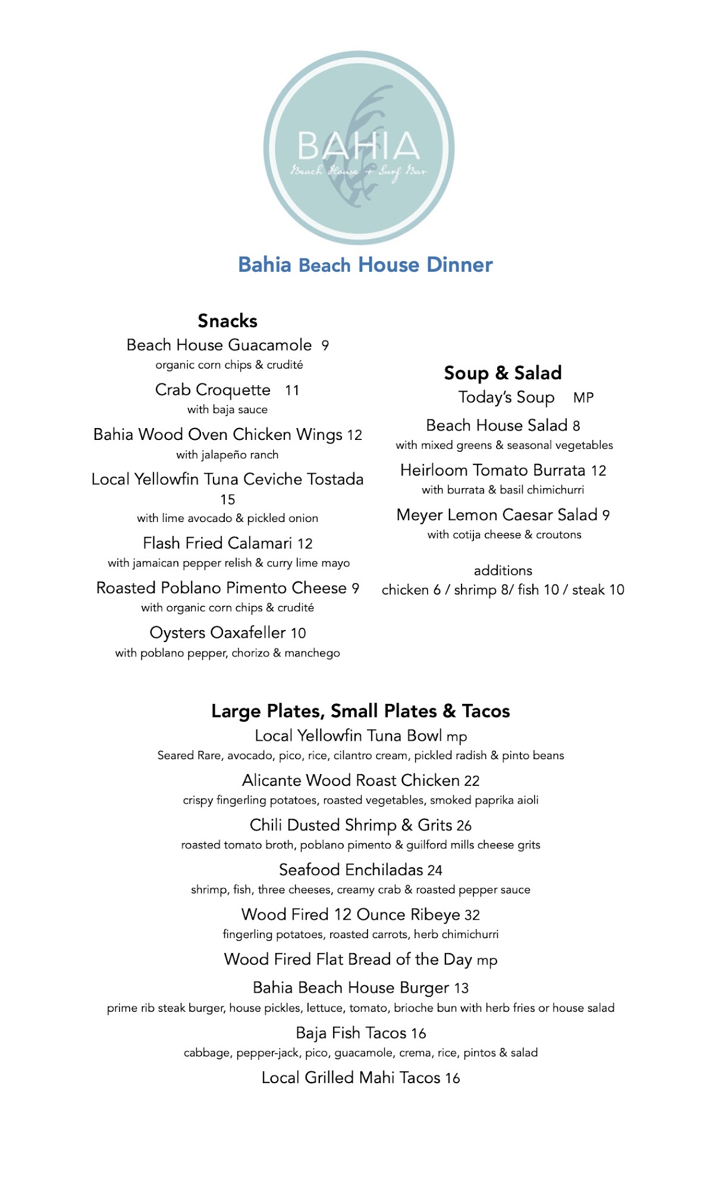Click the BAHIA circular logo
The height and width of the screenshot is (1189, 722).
[x=359, y=147]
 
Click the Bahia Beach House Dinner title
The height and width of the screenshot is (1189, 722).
[x=365, y=265]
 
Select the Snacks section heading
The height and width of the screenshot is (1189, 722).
[x=227, y=321]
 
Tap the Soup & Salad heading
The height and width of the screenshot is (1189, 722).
[x=503, y=373]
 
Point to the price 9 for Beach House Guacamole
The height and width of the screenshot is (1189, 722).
[x=325, y=345]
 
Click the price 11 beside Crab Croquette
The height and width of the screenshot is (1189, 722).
[x=292, y=391]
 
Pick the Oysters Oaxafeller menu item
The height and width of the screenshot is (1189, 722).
[x=219, y=633]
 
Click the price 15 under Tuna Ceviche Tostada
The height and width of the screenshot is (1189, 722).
[x=228, y=499]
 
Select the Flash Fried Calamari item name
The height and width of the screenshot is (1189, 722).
[x=218, y=543]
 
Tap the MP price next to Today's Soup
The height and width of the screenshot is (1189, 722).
[x=583, y=398]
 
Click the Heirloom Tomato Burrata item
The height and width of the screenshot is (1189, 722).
[x=493, y=470]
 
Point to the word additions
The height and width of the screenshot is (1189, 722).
[x=503, y=571]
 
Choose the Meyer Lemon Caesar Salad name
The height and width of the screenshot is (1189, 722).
[x=497, y=515]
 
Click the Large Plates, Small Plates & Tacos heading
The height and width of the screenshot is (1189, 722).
[x=360, y=711]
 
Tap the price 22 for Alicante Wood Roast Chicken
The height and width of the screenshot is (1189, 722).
[x=472, y=781]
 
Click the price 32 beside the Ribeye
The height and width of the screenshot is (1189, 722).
[x=472, y=915]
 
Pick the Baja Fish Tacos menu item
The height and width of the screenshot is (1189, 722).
[x=351, y=1033]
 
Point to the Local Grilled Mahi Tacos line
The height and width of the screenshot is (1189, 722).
[x=360, y=1078]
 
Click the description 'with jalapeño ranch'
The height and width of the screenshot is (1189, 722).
[x=227, y=455]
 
